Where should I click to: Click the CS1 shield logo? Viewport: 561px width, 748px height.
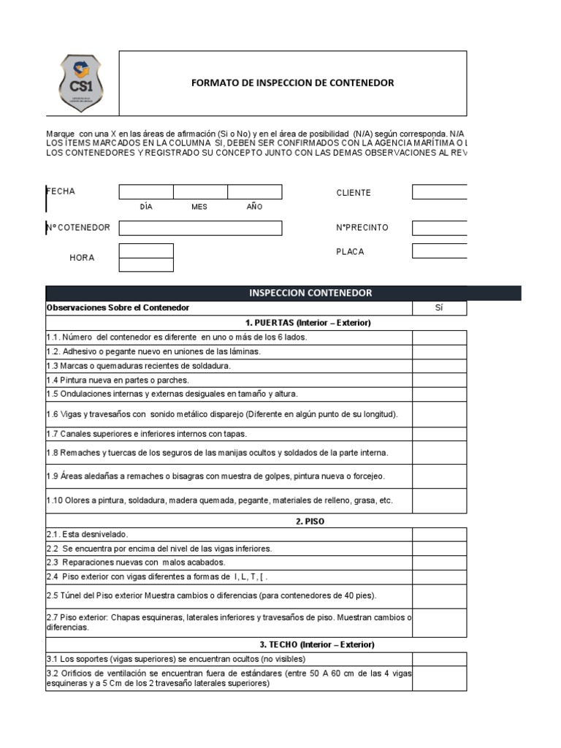81,83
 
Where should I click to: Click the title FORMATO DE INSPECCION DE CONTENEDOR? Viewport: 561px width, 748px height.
292,83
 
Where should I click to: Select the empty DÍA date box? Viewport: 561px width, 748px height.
146,192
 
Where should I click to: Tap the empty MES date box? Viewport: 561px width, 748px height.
200,192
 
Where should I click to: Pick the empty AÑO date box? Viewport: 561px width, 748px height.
254,192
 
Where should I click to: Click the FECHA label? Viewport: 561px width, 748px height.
61,191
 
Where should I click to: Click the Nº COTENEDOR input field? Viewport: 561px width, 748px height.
200,228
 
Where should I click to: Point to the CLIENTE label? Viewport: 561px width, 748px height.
354,193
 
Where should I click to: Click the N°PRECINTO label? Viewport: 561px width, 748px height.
362,228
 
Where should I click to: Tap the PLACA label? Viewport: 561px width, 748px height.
350,251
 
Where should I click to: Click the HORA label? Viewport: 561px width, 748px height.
82,258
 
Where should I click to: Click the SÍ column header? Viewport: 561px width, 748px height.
439,308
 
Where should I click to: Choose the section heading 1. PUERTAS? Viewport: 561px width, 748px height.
299,323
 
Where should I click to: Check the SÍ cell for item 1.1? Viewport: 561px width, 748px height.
439,337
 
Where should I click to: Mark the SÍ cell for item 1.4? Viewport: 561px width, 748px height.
439,380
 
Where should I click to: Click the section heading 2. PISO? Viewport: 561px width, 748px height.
310,522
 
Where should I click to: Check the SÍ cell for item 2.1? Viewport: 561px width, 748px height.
439,535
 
